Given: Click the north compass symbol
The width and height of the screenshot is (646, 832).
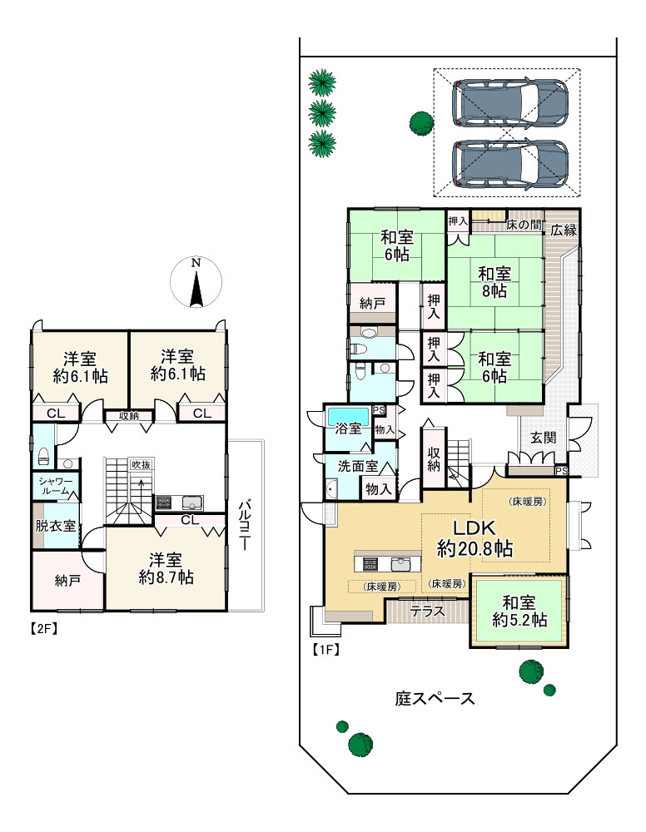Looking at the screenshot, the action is [x=196, y=282].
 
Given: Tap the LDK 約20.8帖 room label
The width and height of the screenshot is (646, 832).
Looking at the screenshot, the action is [x=475, y=538].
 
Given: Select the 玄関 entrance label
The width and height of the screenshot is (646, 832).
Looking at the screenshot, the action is [x=543, y=438].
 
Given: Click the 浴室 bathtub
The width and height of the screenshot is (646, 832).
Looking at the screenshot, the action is [x=348, y=414].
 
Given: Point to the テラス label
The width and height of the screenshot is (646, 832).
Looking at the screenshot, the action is [x=427, y=612].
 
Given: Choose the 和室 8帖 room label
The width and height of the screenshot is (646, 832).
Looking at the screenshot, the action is [x=494, y=282].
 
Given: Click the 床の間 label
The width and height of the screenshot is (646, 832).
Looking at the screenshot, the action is [x=524, y=225].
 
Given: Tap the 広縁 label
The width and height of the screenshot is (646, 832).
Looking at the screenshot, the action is [x=564, y=230].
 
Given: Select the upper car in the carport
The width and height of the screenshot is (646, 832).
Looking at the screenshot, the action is [x=510, y=103].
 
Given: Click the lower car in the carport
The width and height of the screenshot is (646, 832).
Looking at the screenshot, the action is [x=510, y=164].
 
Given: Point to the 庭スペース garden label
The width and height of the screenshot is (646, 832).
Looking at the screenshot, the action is [x=435, y=698].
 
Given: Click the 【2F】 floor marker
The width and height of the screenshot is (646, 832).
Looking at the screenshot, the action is [x=43, y=629].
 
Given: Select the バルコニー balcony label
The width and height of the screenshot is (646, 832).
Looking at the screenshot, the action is [x=244, y=525].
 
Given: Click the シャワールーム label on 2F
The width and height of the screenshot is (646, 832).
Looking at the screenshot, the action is [x=56, y=486].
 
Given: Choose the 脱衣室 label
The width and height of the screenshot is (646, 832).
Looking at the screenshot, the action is [x=56, y=525].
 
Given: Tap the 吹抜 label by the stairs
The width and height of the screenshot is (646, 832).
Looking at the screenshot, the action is [x=142, y=464].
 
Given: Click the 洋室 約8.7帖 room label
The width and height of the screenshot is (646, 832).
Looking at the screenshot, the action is [x=166, y=568].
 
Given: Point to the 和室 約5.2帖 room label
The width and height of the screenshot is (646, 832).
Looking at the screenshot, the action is [x=519, y=612].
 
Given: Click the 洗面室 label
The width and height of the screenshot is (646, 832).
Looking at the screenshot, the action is [x=358, y=466].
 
